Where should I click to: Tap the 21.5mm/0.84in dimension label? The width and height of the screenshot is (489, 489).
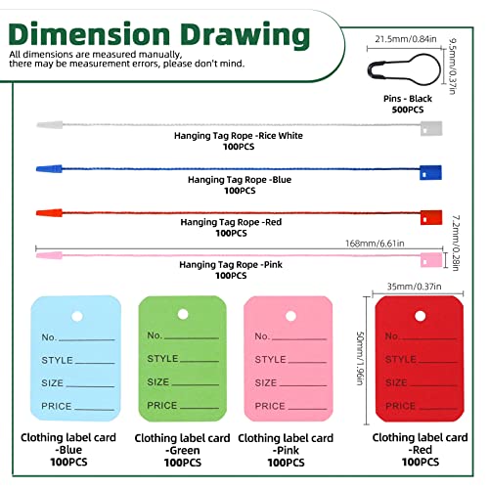(406, 39)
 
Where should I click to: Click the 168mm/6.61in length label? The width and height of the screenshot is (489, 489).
(375, 244)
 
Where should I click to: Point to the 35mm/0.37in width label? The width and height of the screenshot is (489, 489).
(414, 287)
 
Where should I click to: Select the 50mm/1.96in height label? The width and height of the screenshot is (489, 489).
(360, 359)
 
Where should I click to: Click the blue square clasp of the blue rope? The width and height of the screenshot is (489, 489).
(430, 172)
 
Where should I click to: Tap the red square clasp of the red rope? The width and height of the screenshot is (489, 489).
(431, 217)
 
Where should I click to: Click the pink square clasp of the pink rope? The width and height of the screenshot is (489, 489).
(431, 260)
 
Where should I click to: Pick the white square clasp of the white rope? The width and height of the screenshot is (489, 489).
(431, 128)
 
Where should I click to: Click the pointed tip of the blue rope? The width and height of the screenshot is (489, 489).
(37, 169)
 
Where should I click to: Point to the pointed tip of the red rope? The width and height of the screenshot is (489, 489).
(37, 213)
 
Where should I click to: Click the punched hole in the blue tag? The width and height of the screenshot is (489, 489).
(77, 316)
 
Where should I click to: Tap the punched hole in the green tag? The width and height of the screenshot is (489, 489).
(183, 314)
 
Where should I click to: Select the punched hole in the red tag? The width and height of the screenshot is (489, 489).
(420, 316)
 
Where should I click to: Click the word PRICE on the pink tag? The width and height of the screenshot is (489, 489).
(270, 406)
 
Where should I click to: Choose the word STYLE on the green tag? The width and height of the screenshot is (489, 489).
(162, 359)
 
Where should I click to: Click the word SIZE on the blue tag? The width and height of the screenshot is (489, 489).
(52, 382)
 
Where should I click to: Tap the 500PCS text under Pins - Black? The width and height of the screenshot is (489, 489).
(408, 110)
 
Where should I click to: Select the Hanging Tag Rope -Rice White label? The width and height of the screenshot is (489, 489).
(239, 136)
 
